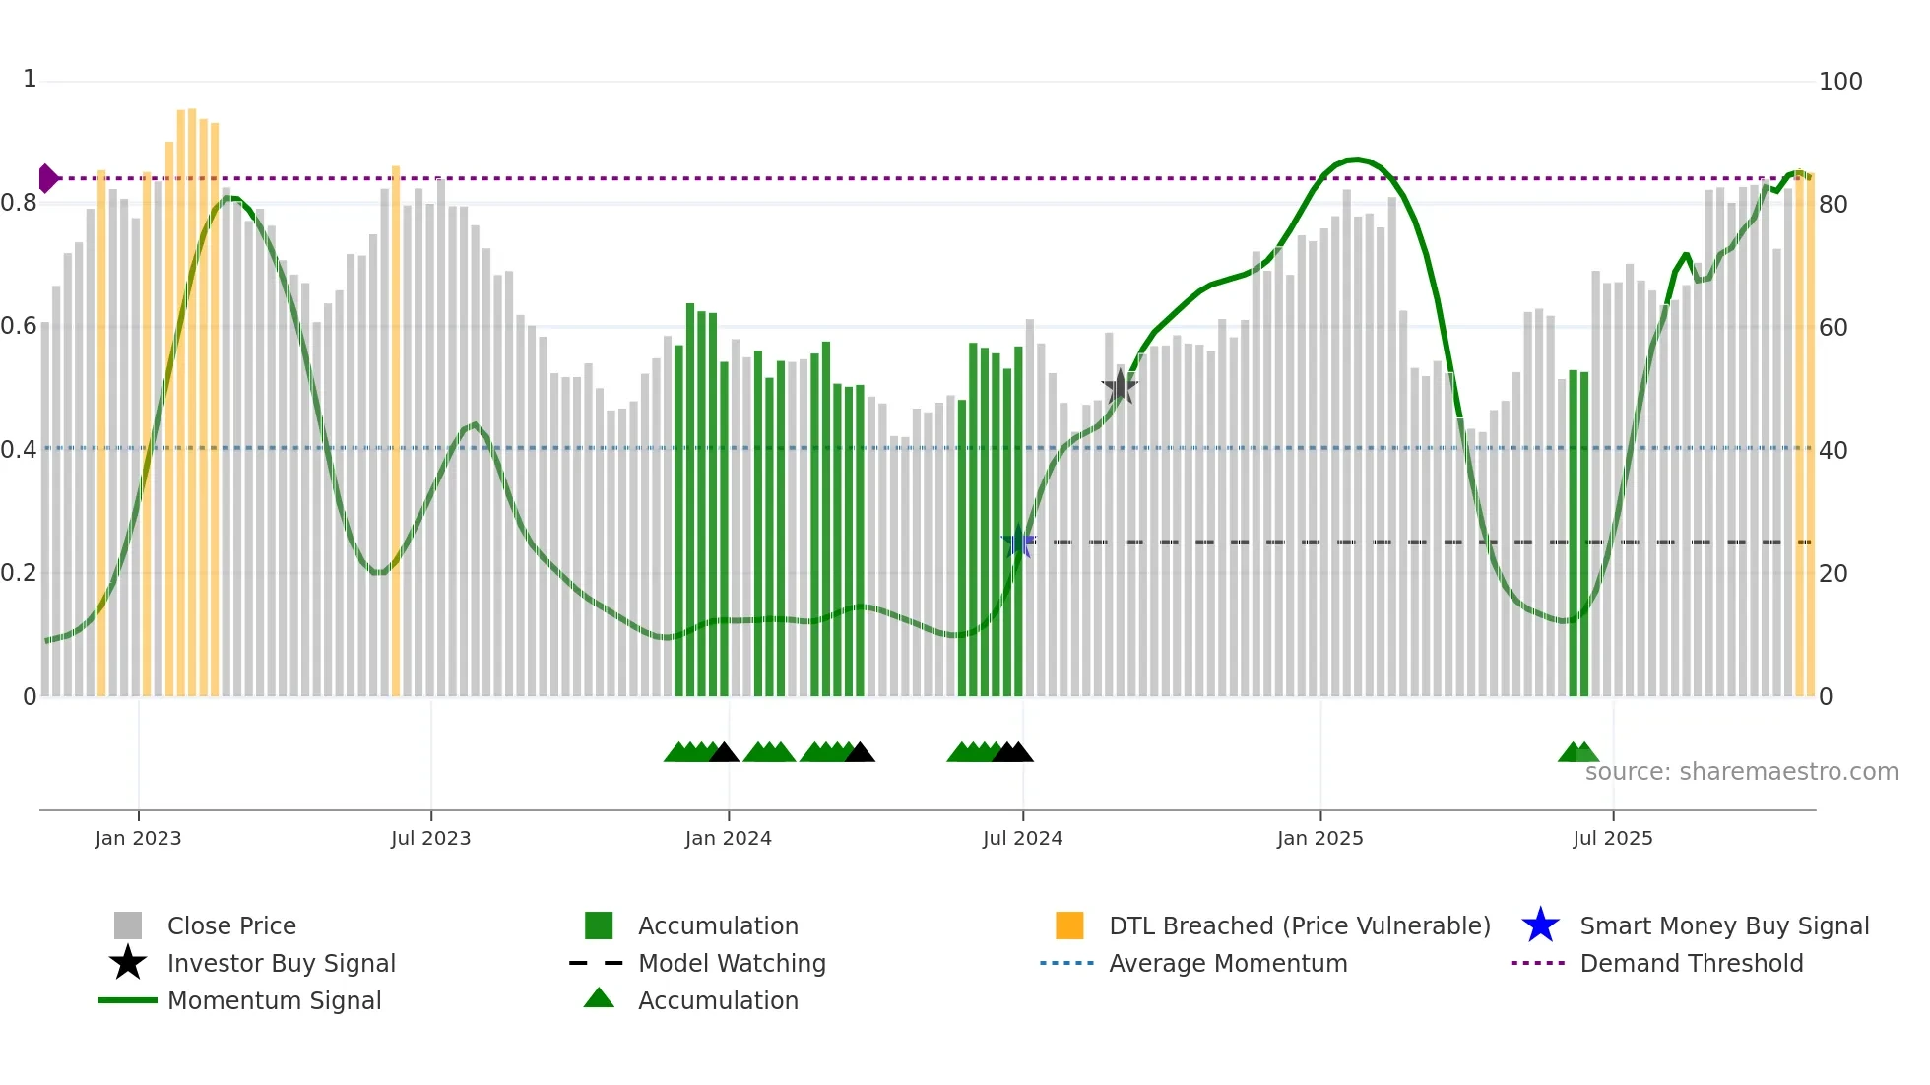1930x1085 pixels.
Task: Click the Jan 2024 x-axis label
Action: [x=728, y=838]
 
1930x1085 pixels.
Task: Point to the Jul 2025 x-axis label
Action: [x=1612, y=838]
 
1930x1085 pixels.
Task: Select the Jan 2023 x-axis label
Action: [x=138, y=838]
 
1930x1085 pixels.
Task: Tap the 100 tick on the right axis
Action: [x=1839, y=82]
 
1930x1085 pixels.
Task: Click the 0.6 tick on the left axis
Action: [x=19, y=326]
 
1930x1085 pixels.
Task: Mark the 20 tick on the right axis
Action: [x=1833, y=573]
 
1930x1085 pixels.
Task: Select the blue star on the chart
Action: [x=1018, y=542]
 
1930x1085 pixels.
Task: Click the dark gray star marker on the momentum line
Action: [x=1120, y=387]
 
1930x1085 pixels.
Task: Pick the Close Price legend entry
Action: [x=230, y=925]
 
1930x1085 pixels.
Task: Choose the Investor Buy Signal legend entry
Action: [x=281, y=963]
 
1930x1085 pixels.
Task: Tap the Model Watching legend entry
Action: [x=731, y=963]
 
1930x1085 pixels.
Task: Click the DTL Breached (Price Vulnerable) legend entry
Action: [x=1299, y=925]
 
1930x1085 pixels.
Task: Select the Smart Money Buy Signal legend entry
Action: [x=1723, y=925]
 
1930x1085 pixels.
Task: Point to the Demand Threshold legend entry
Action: [x=1691, y=963]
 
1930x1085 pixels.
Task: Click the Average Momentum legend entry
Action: [x=1227, y=963]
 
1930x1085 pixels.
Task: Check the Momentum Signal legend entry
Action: [x=274, y=1000]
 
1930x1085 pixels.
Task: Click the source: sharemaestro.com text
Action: [x=1741, y=772]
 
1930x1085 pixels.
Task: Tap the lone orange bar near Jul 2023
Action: [x=396, y=433]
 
